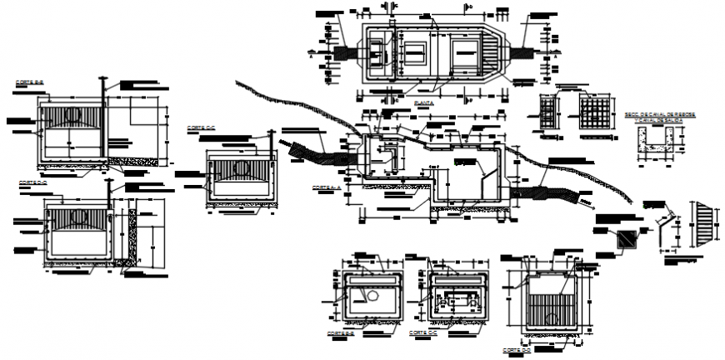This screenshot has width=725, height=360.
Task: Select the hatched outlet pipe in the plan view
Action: pyautogui.click(x=526, y=52)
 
